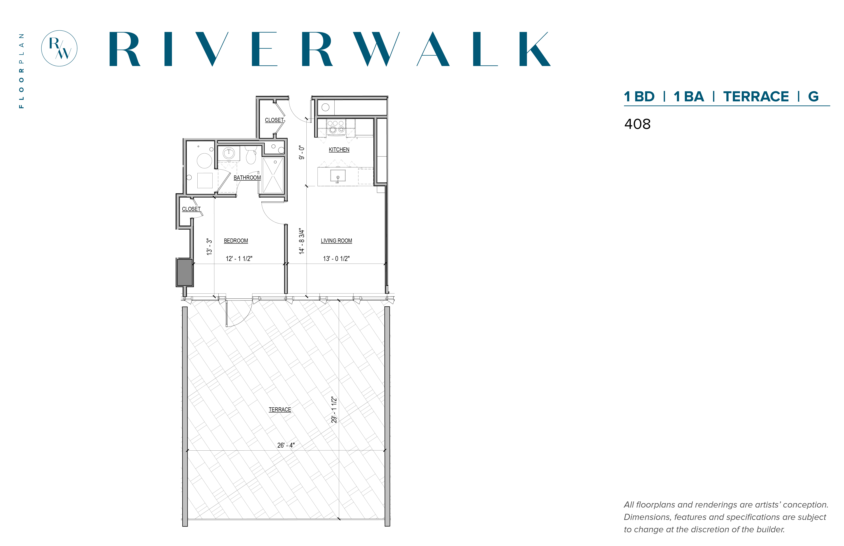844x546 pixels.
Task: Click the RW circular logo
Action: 59,48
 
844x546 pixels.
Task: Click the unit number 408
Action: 637,124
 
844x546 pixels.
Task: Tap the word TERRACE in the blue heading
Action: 756,96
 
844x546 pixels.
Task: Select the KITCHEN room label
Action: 339,150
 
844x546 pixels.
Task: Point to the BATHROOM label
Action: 247,178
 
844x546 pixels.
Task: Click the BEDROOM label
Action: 236,241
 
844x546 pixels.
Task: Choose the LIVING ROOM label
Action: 336,241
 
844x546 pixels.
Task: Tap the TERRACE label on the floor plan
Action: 280,409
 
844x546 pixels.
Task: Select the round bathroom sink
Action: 229,154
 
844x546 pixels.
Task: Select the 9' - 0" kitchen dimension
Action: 302,153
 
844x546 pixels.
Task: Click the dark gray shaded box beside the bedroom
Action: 185,272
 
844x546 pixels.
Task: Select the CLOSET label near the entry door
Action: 274,120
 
